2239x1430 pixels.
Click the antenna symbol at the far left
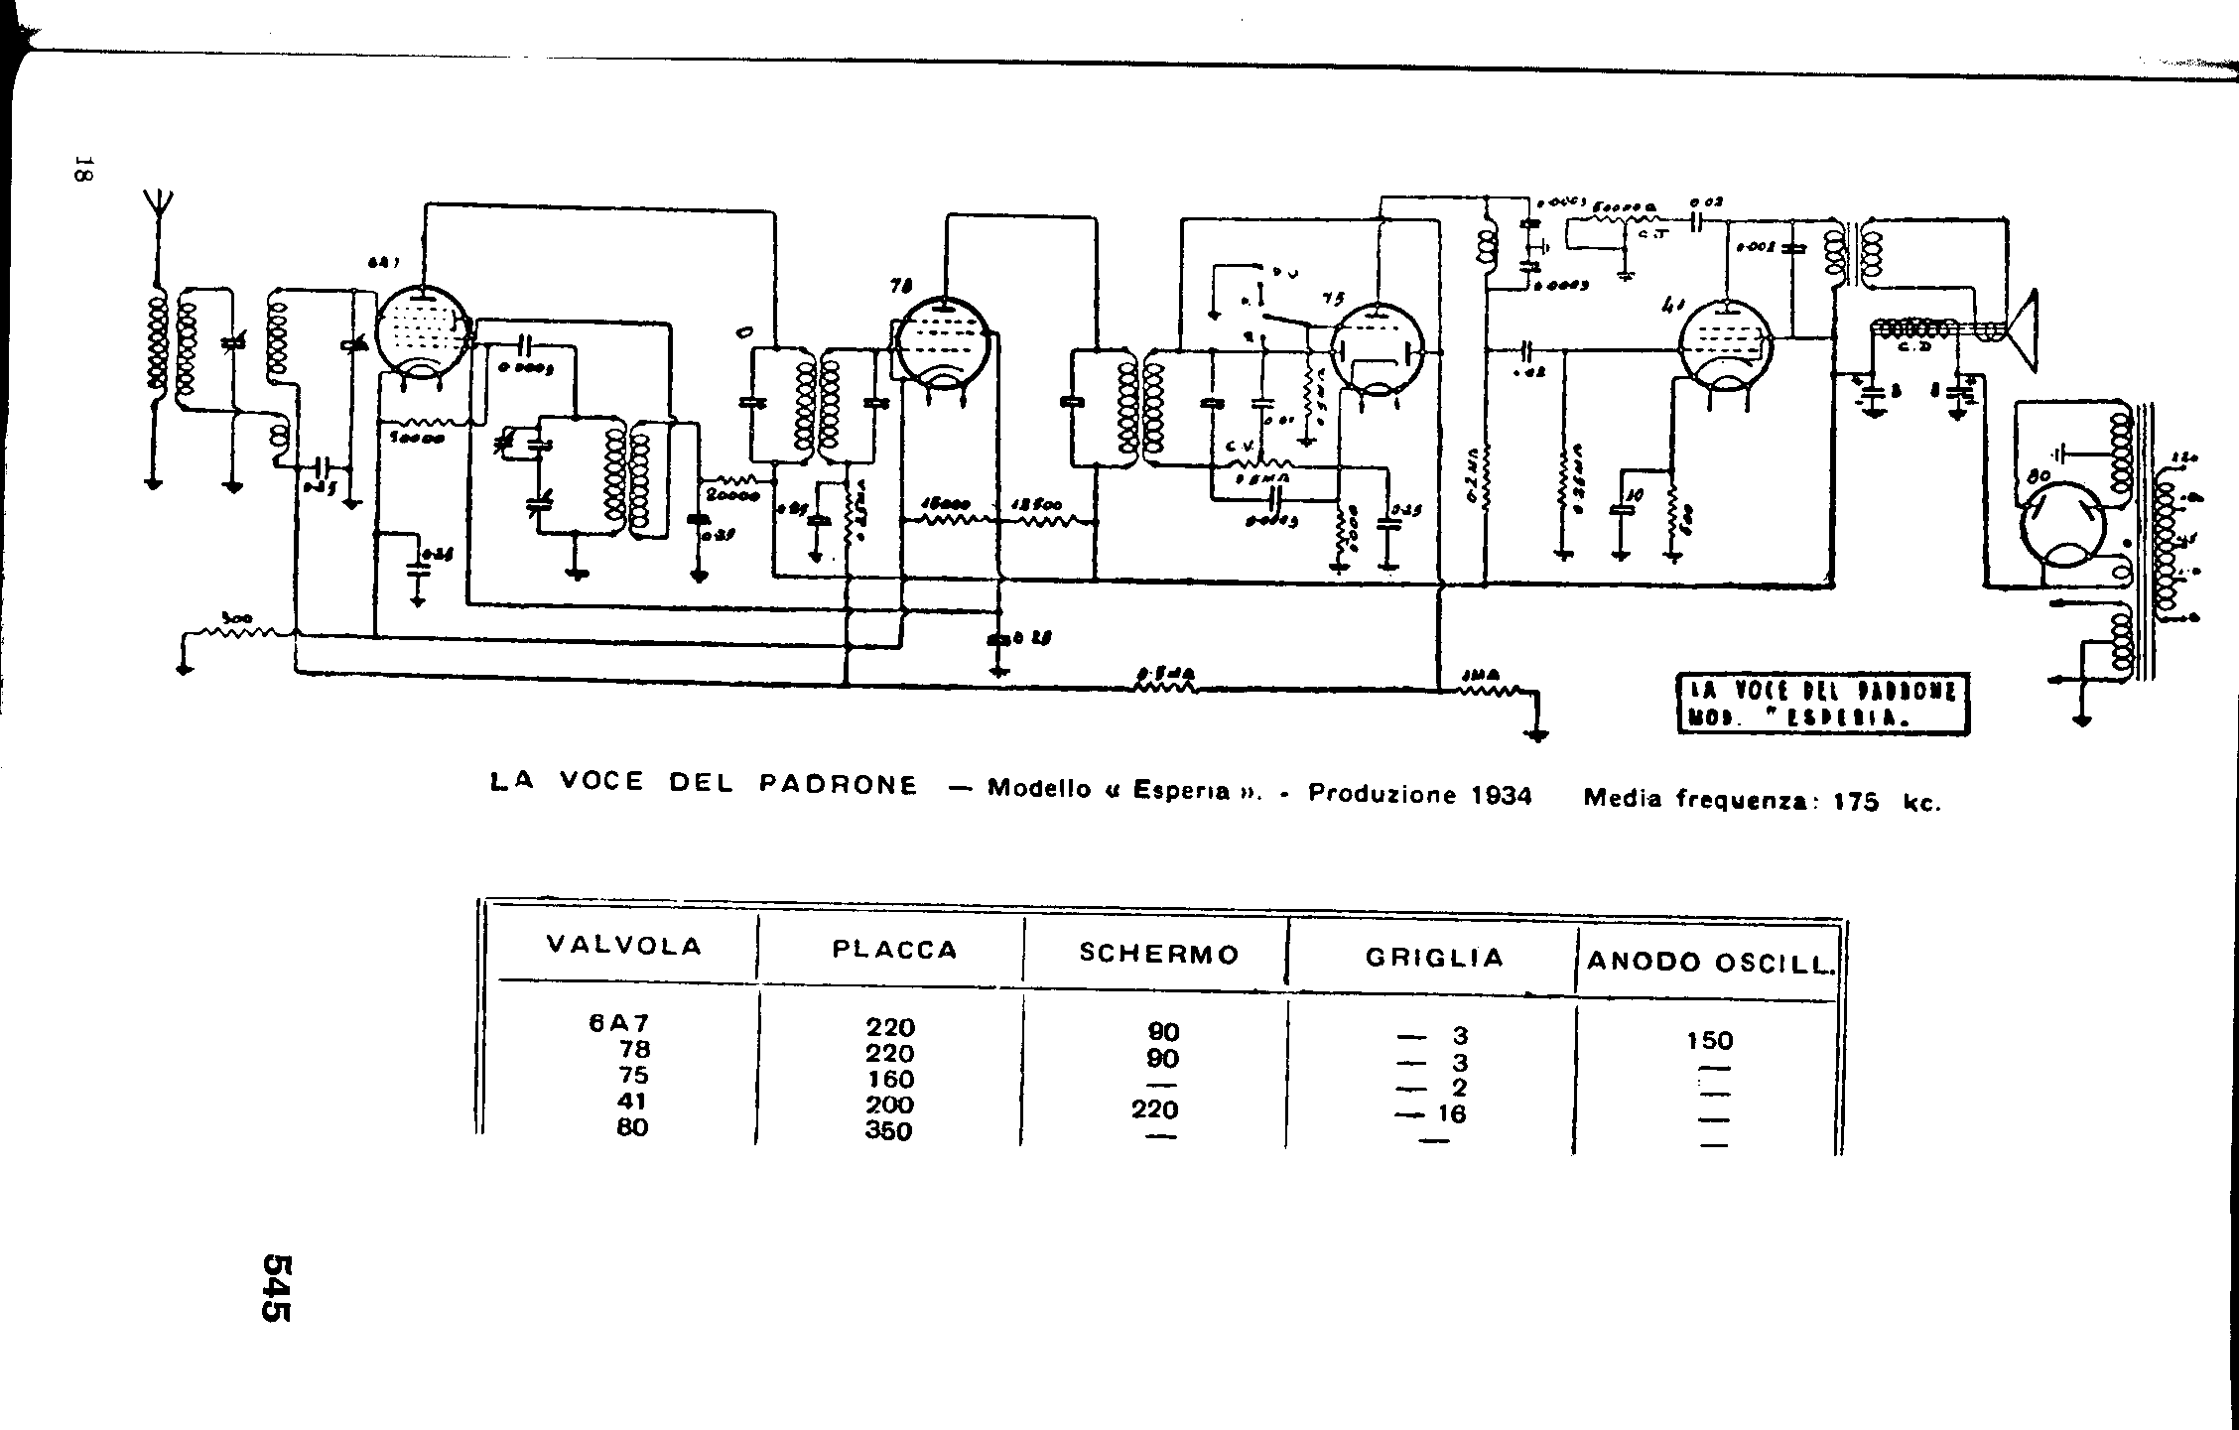tap(156, 207)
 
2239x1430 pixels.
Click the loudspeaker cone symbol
tap(2021, 332)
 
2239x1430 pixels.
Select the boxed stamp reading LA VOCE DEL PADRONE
tap(1822, 705)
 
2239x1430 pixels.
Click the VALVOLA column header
tap(624, 946)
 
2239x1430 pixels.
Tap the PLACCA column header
tap(894, 950)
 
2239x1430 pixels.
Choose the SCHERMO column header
tap(1159, 954)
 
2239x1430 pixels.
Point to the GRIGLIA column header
tap(1434, 958)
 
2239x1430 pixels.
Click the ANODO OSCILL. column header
tap(1709, 962)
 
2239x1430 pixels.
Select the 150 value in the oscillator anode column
tap(1709, 1041)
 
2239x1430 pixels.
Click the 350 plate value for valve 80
tap(888, 1130)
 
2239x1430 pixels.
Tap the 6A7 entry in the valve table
tap(618, 1023)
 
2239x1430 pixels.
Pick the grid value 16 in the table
tap(1451, 1113)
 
